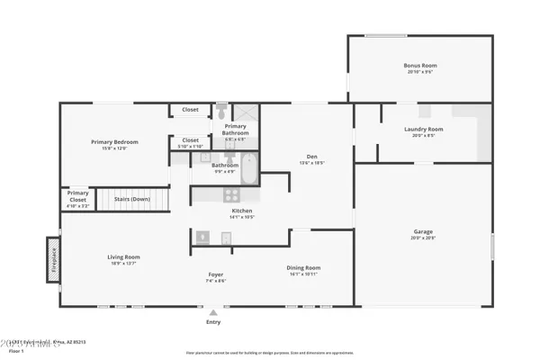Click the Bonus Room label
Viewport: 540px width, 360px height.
click(x=419, y=66)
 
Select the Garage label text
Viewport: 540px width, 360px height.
click(x=423, y=231)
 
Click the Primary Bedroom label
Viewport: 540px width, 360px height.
click(x=113, y=141)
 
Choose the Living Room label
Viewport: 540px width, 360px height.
click(x=123, y=256)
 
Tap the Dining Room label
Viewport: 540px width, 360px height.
click(x=302, y=267)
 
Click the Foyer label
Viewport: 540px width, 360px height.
click(x=216, y=274)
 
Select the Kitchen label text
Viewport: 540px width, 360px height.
click(x=242, y=211)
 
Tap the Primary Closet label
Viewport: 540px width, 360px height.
click(x=78, y=194)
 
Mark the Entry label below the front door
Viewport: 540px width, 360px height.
click(x=213, y=321)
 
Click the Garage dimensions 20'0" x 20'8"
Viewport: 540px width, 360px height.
click(x=423, y=238)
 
